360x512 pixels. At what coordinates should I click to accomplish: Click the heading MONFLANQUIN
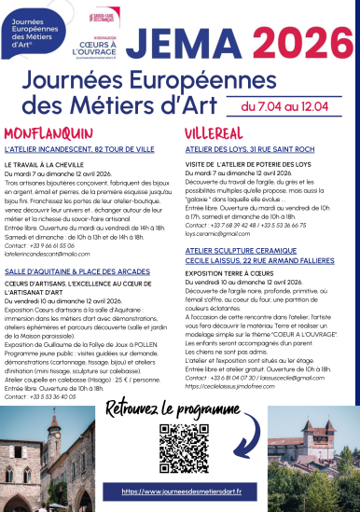pyautogui.click(x=48, y=133)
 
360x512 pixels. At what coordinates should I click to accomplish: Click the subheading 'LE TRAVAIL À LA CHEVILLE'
pyautogui.click(x=48, y=166)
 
